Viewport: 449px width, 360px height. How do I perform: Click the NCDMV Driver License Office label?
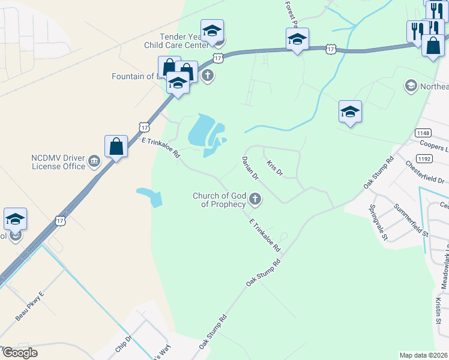pyautogui.click(x=58, y=161)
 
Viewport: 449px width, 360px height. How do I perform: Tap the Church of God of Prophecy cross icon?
pyautogui.click(x=255, y=199)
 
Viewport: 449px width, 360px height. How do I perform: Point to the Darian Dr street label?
pyautogui.click(x=250, y=169)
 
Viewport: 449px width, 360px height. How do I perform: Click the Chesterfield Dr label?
pyautogui.click(x=425, y=172)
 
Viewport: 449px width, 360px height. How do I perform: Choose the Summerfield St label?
pyautogui.click(x=411, y=220)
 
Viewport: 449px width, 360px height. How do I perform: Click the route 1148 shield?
pyautogui.click(x=423, y=132)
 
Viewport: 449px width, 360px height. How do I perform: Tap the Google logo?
pyautogui.click(x=19, y=353)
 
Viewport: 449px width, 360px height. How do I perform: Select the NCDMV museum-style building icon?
pyautogui.click(x=94, y=161)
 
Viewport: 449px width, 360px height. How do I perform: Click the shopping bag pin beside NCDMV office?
pyautogui.click(x=116, y=146)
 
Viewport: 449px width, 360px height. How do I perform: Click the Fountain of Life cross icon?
pyautogui.click(x=208, y=76)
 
